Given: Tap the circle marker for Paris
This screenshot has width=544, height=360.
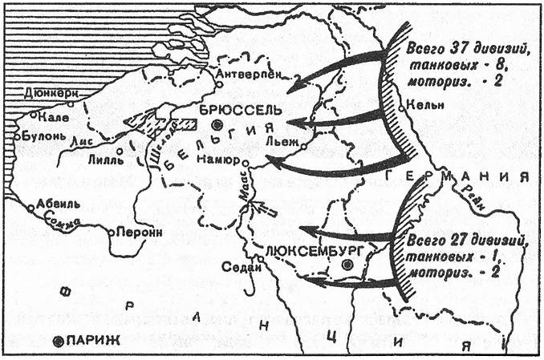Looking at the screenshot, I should (58, 341).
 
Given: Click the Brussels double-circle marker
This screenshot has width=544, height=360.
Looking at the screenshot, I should (218, 125).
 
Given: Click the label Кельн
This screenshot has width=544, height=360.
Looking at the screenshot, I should (423, 104).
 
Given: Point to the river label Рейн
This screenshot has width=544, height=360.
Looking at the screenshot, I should (474, 196).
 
